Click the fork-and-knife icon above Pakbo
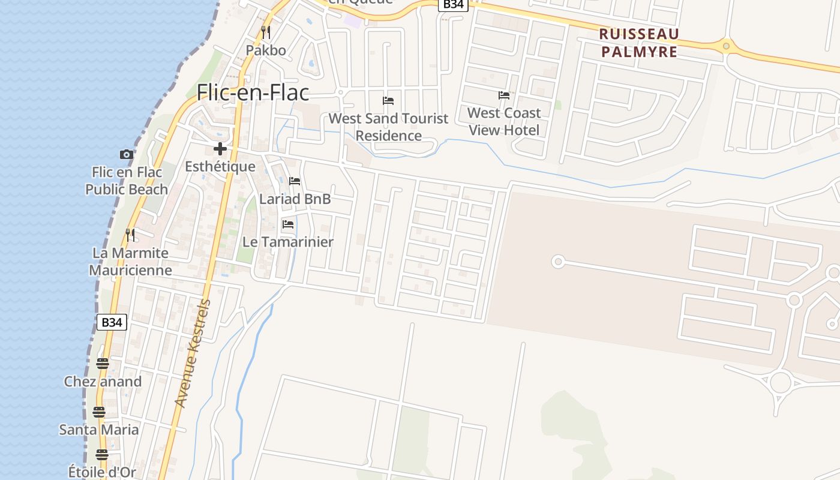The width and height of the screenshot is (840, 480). tap(266, 32)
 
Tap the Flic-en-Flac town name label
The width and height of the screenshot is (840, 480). tap(253, 92)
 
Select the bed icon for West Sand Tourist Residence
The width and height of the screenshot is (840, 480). tap(388, 100)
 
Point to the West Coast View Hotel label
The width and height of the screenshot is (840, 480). tap(504, 121)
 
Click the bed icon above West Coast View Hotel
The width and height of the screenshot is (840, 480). tap(504, 95)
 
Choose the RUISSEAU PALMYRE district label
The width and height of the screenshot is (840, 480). tap(639, 43)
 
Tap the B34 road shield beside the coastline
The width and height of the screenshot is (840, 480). tap(112, 322)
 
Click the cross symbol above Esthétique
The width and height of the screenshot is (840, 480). tap(220, 148)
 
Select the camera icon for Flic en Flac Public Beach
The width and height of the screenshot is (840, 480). tap(126, 154)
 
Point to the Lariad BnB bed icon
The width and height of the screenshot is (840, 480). tap(295, 181)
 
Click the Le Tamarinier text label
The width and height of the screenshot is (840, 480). tap(287, 242)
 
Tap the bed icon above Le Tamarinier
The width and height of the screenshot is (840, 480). tap(288, 224)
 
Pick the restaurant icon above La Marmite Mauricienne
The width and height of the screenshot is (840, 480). tap(130, 235)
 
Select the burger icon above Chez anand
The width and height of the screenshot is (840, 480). tap(102, 363)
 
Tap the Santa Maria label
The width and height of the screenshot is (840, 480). tap(99, 430)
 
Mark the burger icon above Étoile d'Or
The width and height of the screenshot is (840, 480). tap(102, 454)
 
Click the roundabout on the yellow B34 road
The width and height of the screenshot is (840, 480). tap(726, 45)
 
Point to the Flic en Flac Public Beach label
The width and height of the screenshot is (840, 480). tap(127, 181)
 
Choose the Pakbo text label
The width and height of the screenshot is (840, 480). tap(266, 50)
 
